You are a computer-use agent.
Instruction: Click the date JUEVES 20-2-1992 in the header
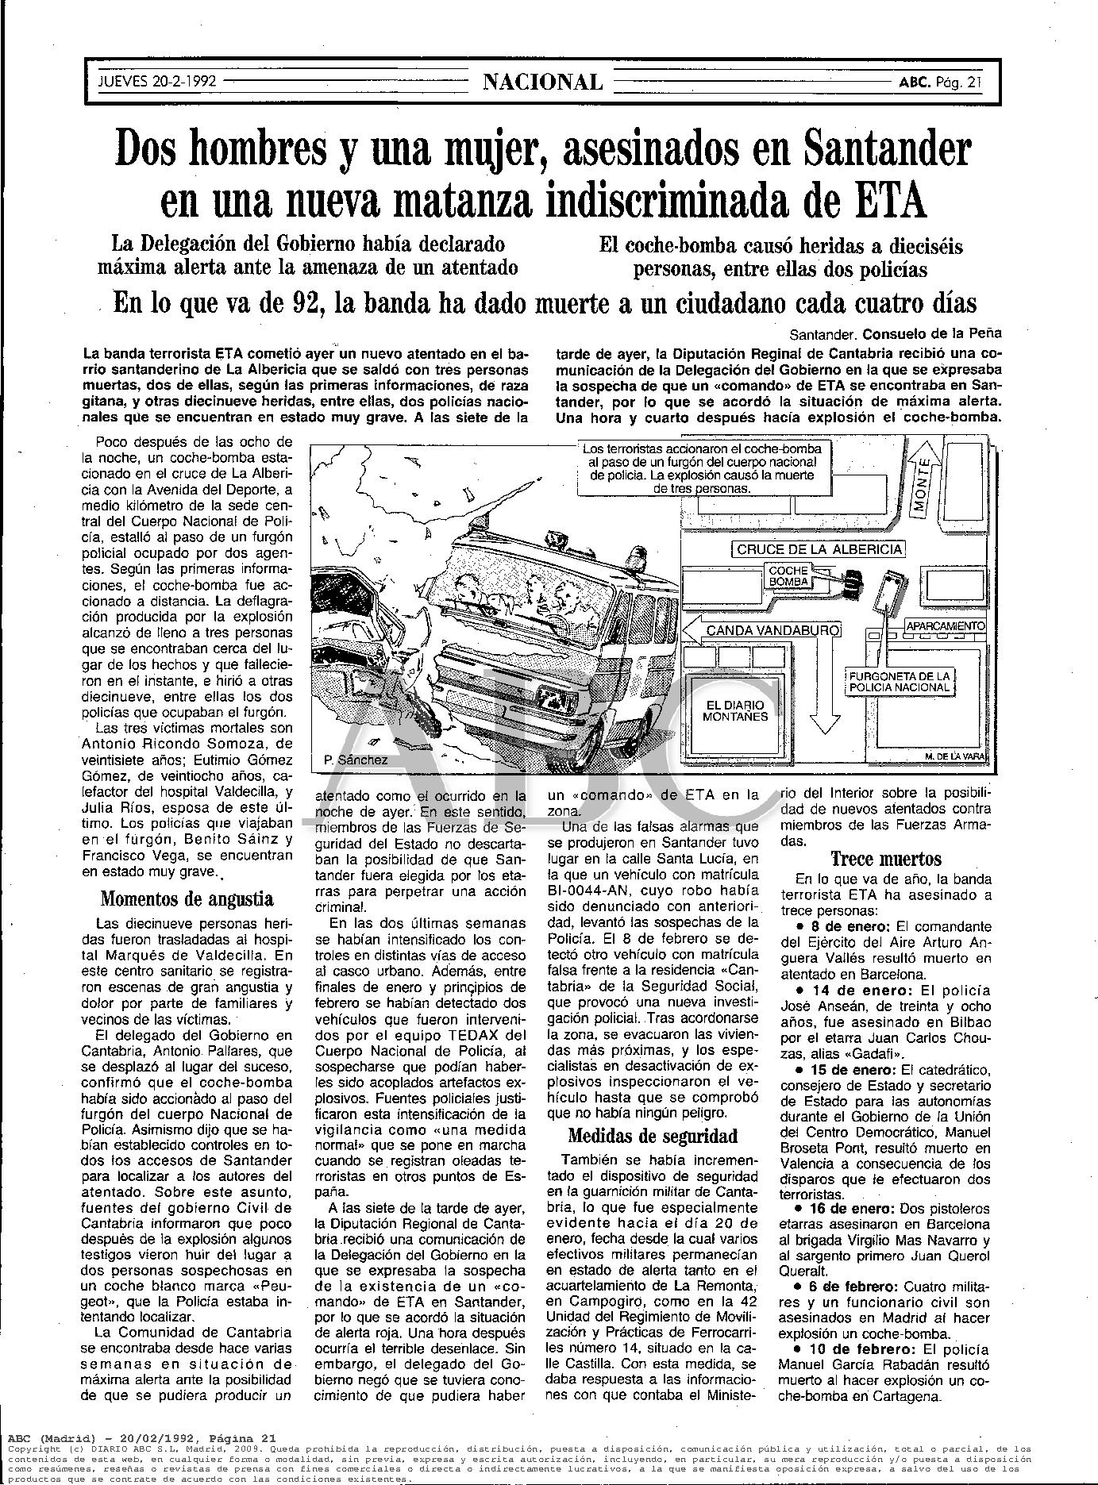(156, 82)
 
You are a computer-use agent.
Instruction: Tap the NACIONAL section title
(543, 82)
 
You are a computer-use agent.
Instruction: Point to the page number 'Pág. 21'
(963, 82)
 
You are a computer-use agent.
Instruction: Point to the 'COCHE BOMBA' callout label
(788, 575)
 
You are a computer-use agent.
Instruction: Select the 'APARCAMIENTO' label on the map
(945, 625)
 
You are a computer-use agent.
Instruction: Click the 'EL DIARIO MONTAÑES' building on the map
(735, 710)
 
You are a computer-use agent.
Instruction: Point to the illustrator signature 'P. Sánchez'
(356, 760)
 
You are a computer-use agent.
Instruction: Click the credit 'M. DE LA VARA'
(955, 757)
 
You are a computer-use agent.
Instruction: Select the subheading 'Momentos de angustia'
(187, 899)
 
